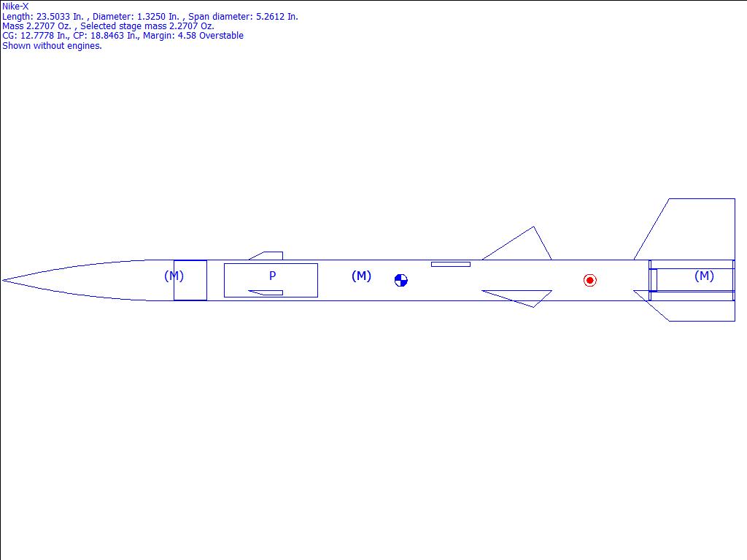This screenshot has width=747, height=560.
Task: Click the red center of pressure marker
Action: pyautogui.click(x=589, y=281)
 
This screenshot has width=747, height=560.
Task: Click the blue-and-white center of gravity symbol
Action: pyautogui.click(x=401, y=281)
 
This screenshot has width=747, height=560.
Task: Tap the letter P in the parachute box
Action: pyautogui.click(x=273, y=276)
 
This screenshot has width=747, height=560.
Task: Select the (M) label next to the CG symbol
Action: pyautogui.click(x=361, y=276)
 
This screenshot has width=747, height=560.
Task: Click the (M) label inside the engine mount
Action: pyautogui.click(x=704, y=276)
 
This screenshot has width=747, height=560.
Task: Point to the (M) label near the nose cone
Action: pyautogui.click(x=174, y=276)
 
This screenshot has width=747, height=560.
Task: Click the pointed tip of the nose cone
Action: pyautogui.click(x=3, y=281)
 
